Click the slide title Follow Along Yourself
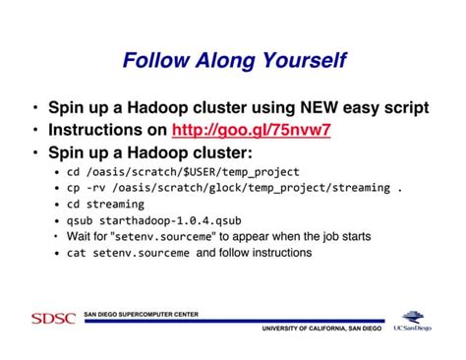click(234, 62)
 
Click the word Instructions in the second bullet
click(91, 129)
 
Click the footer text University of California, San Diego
click(321, 328)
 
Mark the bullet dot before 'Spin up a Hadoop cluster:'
click(36, 152)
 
